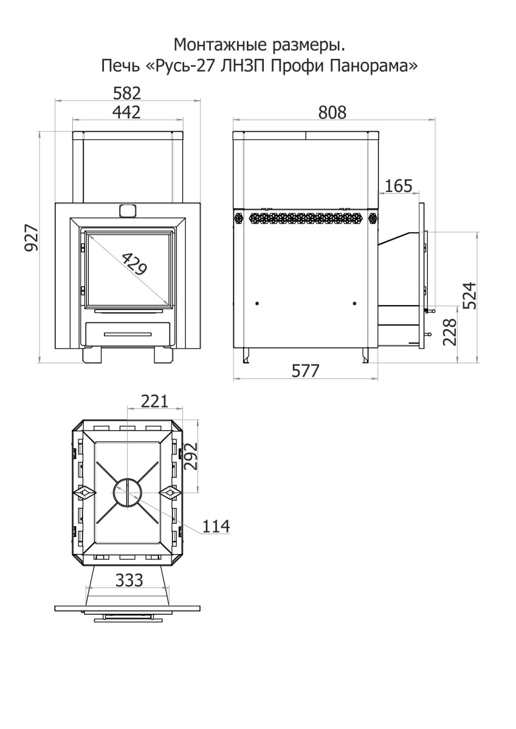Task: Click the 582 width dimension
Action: pyautogui.click(x=127, y=94)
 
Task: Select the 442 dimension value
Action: pyautogui.click(x=126, y=112)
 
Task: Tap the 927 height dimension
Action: pyautogui.click(x=32, y=238)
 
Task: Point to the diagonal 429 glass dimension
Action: pyautogui.click(x=134, y=264)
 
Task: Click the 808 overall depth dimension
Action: pyautogui.click(x=332, y=112)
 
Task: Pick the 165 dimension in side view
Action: pyautogui.click(x=399, y=186)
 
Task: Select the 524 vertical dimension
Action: pyautogui.click(x=470, y=296)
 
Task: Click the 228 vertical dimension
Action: pyautogui.click(x=450, y=332)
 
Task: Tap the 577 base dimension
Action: pyautogui.click(x=305, y=371)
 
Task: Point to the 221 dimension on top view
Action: pyautogui.click(x=154, y=401)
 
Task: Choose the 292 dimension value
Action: pyautogui.click(x=191, y=456)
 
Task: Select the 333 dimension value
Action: pyautogui.click(x=129, y=580)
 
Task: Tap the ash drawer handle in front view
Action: pyautogui.click(x=128, y=334)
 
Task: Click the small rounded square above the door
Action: pyautogui.click(x=127, y=210)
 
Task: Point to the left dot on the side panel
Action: pyautogui.click(x=257, y=303)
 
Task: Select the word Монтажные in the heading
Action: pyautogui.click(x=220, y=45)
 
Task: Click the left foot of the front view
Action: pyautogui.click(x=92, y=356)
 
